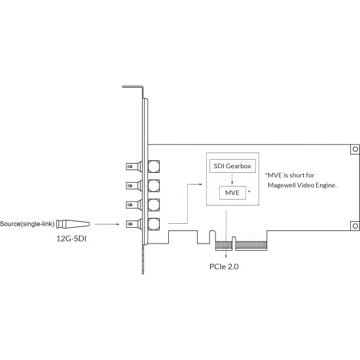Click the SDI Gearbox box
[x=232, y=166]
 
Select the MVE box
[x=232, y=192]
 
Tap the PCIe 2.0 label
[x=224, y=266]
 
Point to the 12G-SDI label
[x=71, y=239]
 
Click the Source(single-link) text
[x=27, y=224]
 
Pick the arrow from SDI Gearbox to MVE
[x=232, y=179]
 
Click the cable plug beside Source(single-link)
[x=73, y=224]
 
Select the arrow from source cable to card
[x=107, y=224]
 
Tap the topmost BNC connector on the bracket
[x=143, y=166]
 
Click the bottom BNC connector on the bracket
[x=143, y=224]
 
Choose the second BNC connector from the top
[x=143, y=185]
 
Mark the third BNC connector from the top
[x=143, y=205]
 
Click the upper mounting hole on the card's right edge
[x=355, y=149]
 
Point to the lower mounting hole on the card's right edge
[x=355, y=226]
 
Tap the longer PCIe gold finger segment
[x=251, y=245]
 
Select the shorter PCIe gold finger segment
[x=224, y=245]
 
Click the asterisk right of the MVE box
[x=249, y=191]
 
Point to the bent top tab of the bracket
[x=133, y=87]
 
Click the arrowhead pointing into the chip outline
[x=201, y=184]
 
